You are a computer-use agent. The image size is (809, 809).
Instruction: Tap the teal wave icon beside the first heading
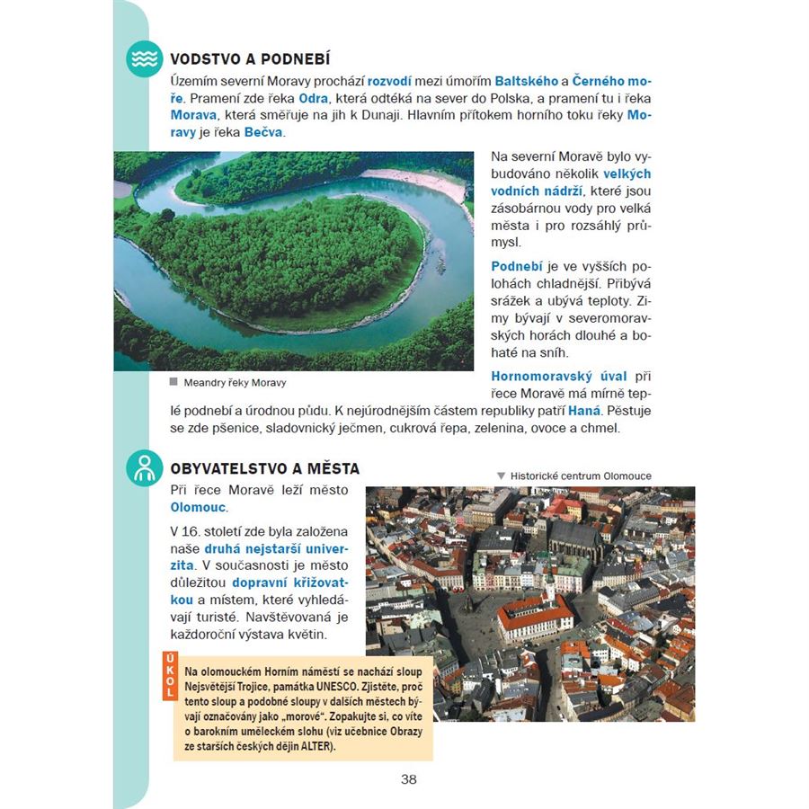(x=144, y=59)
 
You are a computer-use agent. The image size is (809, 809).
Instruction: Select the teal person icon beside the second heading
(x=144, y=468)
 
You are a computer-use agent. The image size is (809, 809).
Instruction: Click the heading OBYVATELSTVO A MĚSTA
(x=264, y=468)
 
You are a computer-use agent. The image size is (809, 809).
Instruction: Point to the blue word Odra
(x=314, y=97)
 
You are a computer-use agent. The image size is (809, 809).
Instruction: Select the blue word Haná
(x=587, y=411)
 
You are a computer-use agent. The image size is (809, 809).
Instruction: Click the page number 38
(x=409, y=779)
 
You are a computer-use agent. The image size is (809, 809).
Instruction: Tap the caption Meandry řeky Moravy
(x=235, y=382)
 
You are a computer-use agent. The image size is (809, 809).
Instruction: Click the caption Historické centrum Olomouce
(x=581, y=476)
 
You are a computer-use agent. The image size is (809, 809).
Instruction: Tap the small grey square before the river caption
(x=173, y=381)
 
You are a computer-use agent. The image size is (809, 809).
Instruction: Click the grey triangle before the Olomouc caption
(x=501, y=476)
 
